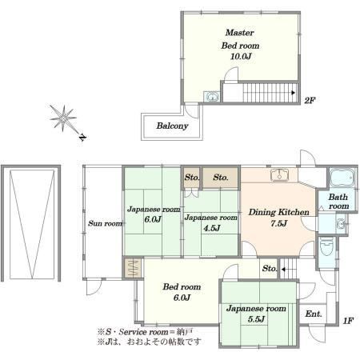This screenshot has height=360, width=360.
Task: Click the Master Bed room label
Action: pos(240,39)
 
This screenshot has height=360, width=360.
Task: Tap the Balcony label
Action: pos(172,126)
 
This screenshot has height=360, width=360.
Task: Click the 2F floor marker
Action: pos(310,100)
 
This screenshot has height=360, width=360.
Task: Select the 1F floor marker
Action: pos(348,320)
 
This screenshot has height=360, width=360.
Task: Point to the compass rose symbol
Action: pos(64,118)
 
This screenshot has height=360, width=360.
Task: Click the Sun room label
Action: pos(105,223)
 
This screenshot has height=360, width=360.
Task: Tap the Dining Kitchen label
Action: pos(278,212)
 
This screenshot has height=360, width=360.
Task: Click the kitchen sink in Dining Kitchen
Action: pos(279,175)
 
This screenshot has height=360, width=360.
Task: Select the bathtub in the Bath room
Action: pos(342,178)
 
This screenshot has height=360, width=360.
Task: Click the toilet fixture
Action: pos(326,246)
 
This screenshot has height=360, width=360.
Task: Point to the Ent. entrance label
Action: pos(314,314)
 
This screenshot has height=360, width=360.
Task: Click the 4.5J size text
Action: pos(211,228)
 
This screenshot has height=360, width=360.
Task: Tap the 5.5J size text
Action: pos(256,319)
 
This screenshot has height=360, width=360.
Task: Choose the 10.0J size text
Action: pos(241,56)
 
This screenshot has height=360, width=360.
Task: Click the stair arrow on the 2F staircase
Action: pos(293,93)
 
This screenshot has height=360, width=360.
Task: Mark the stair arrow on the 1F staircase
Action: pos(283,270)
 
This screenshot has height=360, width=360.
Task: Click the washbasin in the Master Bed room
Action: pos(212,97)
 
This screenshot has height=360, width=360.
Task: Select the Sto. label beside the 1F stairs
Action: pos(270,268)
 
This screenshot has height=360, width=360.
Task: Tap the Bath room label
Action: pos(338,202)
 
